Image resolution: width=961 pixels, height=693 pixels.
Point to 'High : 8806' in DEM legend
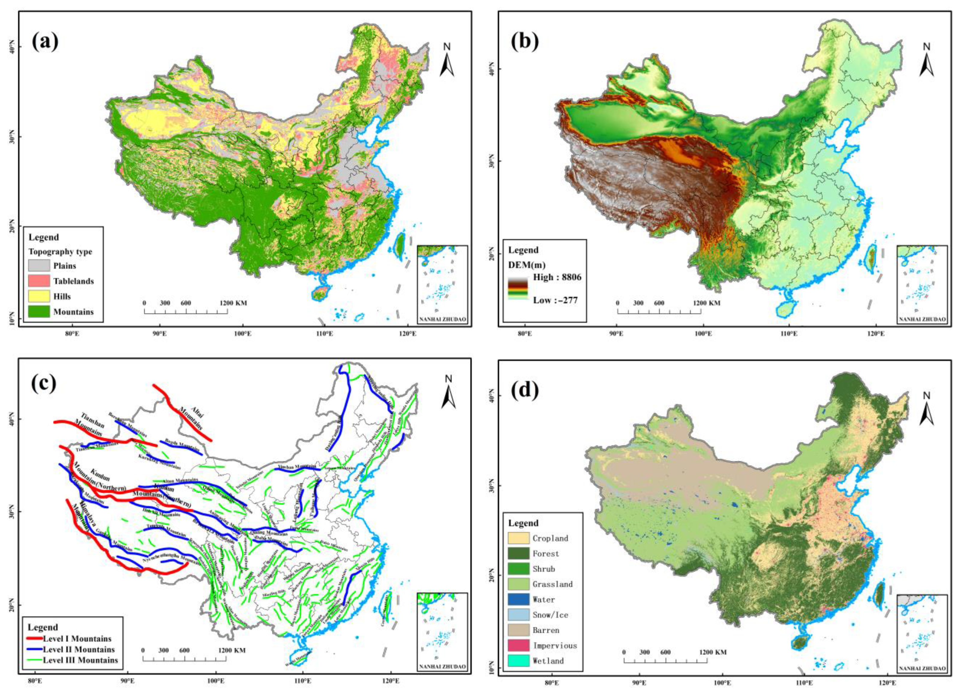(557, 277)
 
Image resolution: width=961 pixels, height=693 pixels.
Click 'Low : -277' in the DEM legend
(555, 300)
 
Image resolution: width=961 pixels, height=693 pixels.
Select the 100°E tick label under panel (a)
(242, 334)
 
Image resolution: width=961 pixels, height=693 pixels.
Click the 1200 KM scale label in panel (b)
(706, 303)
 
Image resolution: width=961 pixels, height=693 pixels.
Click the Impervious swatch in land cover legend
(519, 646)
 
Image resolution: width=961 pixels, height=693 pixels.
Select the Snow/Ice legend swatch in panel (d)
(519, 615)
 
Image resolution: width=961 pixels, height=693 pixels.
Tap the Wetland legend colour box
(519, 661)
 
